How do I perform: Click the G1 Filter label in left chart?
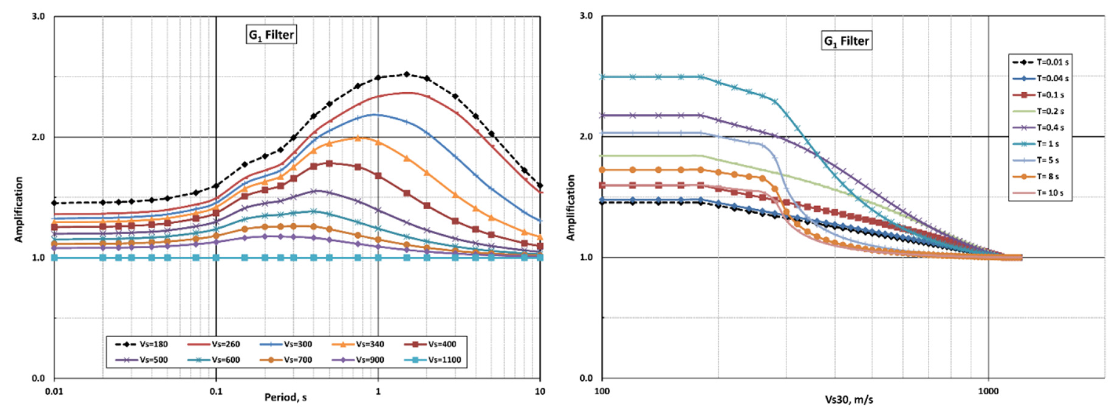271,35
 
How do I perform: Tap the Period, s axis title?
286,398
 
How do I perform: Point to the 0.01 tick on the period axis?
54,391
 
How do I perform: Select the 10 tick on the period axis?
540,391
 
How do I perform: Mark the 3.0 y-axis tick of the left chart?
38,16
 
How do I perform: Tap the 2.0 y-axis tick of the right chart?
586,136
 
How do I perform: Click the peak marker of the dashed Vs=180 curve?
407,74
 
